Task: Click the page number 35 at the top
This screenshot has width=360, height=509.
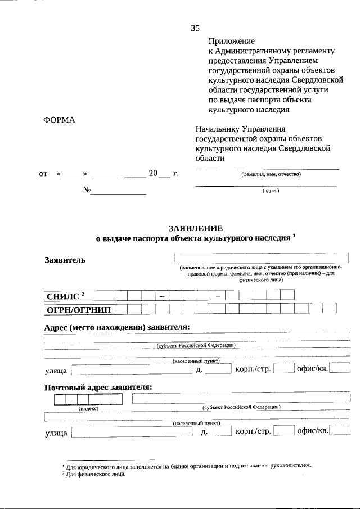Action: coord(195,28)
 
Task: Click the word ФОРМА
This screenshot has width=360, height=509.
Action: coord(59,120)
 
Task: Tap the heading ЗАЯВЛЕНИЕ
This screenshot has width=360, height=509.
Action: coord(196,228)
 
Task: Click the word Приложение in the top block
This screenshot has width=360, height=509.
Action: coord(231,41)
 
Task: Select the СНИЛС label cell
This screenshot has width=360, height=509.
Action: coord(78,295)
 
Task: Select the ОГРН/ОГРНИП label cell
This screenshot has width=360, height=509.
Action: coord(78,308)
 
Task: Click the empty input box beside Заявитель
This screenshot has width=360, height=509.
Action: coord(263,259)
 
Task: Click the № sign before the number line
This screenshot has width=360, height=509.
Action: coord(87,190)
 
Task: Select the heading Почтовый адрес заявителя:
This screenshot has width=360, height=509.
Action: coord(98,387)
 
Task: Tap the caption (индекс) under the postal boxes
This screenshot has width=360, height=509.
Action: coord(89,409)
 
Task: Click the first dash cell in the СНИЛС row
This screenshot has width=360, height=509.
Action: coord(161,295)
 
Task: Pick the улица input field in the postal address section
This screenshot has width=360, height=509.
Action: coord(132,432)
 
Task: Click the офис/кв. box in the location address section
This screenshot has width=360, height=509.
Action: coord(340,369)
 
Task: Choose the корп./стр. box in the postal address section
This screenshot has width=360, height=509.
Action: coord(287,432)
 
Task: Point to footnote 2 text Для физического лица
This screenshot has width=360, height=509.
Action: coord(94,474)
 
